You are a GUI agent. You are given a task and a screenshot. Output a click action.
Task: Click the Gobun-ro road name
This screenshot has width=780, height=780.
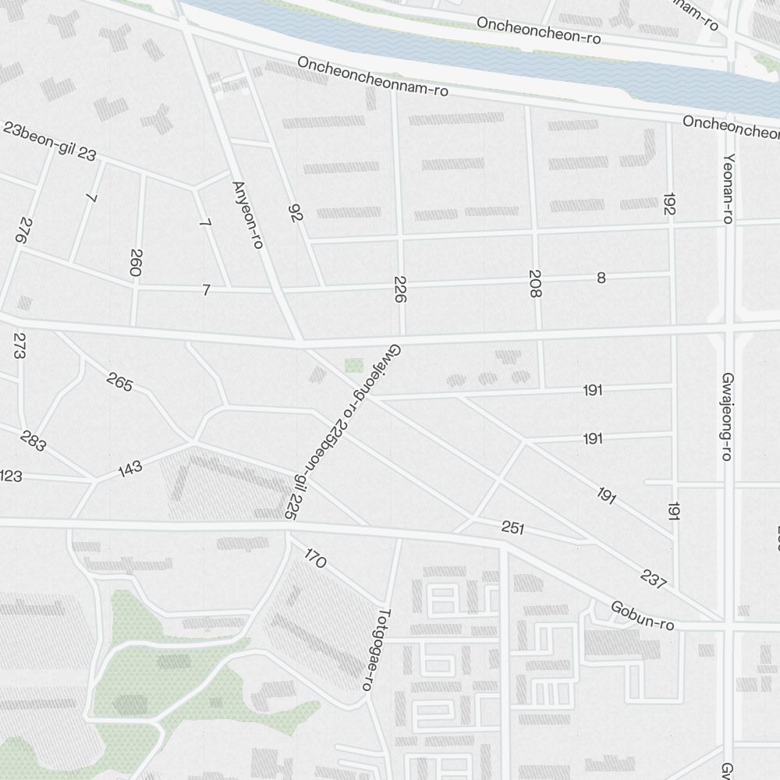coord(642,615)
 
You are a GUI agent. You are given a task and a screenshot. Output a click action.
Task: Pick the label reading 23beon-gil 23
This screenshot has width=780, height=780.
coord(49,141)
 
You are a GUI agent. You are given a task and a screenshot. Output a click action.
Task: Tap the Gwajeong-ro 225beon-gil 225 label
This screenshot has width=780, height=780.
coord(343,432)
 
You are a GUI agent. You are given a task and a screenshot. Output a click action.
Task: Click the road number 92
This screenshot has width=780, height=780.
coord(295,213)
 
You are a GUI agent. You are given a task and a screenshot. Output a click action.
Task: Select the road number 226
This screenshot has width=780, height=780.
coord(401,289)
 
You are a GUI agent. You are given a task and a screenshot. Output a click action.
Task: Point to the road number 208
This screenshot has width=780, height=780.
coord(535,284)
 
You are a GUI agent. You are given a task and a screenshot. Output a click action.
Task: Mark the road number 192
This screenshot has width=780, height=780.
coord(669,204)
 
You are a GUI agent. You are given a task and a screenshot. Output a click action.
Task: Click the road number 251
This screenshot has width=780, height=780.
coord(512,529)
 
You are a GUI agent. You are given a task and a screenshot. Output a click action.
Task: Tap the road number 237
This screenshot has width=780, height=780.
coord(653,579)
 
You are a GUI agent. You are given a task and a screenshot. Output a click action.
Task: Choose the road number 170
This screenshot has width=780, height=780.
coord(315,558)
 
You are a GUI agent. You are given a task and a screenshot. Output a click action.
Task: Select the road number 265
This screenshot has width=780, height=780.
coord(119,382)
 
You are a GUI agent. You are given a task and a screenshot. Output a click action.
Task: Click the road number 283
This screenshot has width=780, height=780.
coord(34,441)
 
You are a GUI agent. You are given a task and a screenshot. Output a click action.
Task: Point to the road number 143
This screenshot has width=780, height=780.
coord(130,468)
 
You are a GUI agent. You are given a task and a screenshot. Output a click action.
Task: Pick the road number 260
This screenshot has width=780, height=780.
coord(136,263)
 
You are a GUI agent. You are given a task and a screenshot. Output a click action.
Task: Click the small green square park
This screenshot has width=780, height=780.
coord(354,365)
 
